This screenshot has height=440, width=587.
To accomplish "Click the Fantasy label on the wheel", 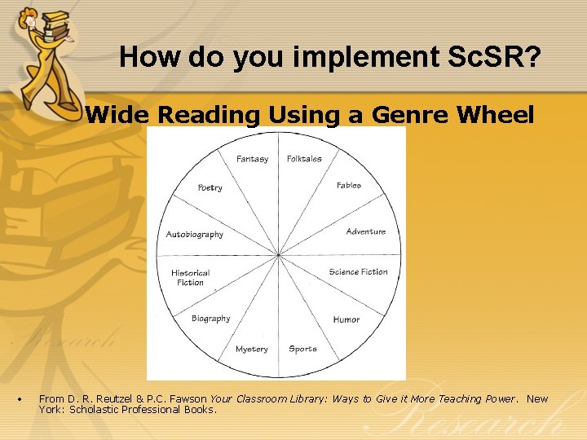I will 252,159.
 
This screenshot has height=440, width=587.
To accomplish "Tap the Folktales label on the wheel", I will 304,159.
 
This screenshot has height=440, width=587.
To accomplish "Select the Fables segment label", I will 348,186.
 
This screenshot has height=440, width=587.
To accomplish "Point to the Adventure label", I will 365,231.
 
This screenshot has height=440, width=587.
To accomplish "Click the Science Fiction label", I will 358,272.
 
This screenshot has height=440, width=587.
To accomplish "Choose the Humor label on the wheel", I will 346,319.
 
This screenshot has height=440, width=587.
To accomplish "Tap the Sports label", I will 302,349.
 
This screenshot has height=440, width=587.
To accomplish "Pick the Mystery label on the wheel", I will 251,349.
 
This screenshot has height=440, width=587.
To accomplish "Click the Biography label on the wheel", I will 210,319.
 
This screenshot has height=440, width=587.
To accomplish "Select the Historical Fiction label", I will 190,278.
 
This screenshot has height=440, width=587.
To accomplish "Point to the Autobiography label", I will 194,235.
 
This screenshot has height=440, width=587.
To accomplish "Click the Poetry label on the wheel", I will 210,188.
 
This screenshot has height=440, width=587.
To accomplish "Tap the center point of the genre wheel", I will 279,255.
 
